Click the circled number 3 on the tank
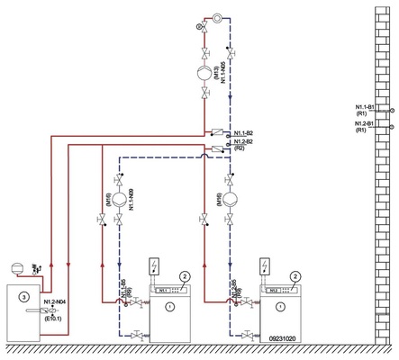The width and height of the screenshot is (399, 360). pyautogui.click(x=25, y=295)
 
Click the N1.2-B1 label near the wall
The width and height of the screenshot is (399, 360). pyautogui.click(x=366, y=126)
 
